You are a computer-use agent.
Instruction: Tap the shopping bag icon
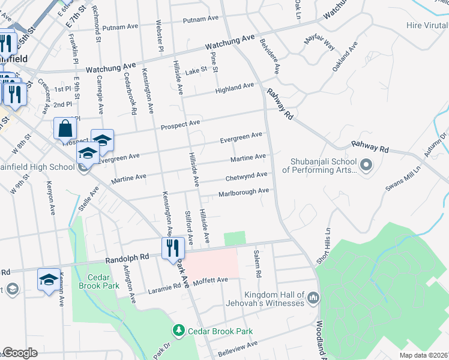point(65,128)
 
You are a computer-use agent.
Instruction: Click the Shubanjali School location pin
point(366,163)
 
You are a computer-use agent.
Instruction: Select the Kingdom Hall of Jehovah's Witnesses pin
point(313,297)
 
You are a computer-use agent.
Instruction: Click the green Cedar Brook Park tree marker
point(178,331)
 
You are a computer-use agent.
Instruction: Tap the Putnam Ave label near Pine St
point(200,19)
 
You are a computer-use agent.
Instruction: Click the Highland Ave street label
point(235,88)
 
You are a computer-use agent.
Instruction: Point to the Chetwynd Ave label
point(246,176)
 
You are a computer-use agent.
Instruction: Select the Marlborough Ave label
point(243,191)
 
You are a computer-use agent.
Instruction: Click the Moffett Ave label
point(211,280)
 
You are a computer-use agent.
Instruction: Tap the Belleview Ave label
point(238,346)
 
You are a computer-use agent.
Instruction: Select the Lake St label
point(196,70)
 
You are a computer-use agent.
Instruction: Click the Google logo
point(20,353)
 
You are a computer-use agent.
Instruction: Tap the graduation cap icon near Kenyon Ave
point(49,279)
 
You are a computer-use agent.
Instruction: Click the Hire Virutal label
point(427,25)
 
